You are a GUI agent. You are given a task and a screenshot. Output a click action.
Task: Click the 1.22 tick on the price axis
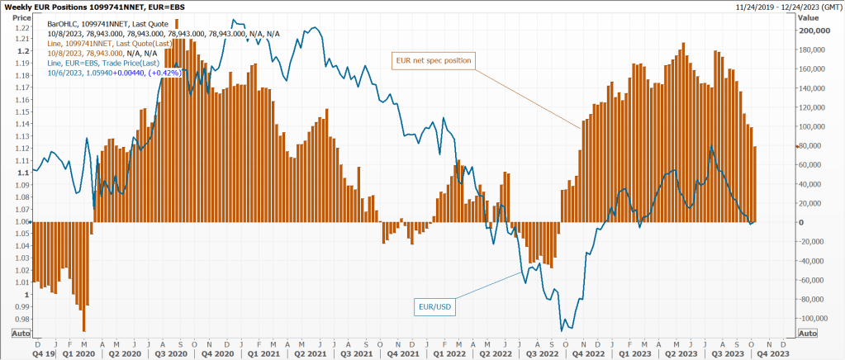click(22, 26)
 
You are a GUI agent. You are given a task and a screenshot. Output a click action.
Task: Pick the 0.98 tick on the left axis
click(22, 319)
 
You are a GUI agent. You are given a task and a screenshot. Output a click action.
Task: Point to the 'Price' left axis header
click(21, 17)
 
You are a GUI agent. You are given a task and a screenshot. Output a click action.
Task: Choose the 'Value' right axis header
click(809, 17)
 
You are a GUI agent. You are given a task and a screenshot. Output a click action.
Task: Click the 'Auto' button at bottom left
click(21, 333)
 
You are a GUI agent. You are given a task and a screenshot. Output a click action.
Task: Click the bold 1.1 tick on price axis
click(24, 173)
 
